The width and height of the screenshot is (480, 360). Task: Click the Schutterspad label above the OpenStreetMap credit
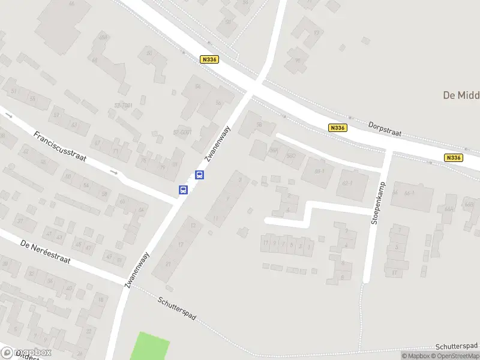pyautogui.click(x=456, y=346)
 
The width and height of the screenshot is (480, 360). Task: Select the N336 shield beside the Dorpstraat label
pyautogui.click(x=338, y=128)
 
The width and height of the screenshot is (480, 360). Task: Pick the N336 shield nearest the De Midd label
pyautogui.click(x=454, y=158)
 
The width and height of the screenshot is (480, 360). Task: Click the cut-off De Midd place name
pyautogui.click(x=461, y=95)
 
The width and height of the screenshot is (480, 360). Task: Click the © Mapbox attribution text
pyautogui.click(x=416, y=356)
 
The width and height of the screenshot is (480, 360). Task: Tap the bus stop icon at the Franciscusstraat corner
pyautogui.click(x=183, y=190)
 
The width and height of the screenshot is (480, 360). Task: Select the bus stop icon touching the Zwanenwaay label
pyautogui.click(x=200, y=175)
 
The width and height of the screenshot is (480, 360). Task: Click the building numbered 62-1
pyautogui.click(x=347, y=182)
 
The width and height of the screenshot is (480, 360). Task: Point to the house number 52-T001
pyautogui.click(x=124, y=106)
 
